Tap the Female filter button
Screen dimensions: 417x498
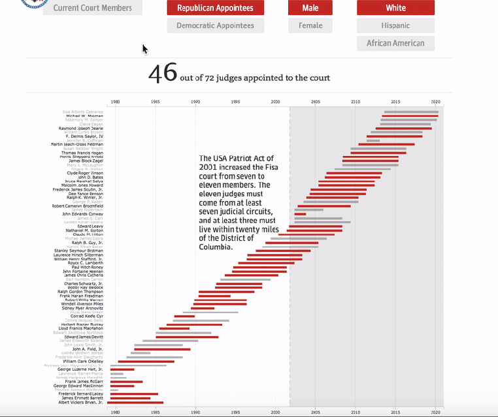[310, 25]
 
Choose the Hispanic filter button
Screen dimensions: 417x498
[395, 25]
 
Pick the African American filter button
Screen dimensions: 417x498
[395, 43]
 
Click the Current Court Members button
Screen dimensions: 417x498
[93, 8]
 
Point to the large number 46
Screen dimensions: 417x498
[163, 74]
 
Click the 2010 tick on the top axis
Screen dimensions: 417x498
[355, 102]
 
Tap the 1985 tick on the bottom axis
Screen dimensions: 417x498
[156, 412]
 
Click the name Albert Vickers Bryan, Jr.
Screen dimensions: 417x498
[82, 403]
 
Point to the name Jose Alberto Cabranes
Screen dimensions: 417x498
[82, 112]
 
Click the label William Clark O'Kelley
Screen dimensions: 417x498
[83, 361]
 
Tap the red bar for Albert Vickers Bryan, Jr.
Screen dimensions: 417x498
[137, 403]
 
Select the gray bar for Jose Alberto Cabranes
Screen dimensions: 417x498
[411, 112]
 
